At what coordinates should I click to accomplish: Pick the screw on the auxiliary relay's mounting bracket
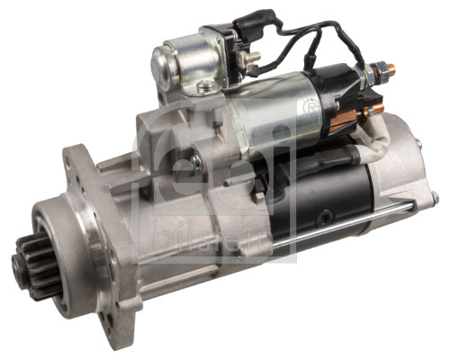tap(204, 87)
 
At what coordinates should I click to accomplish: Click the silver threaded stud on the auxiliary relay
tap(252, 56)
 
